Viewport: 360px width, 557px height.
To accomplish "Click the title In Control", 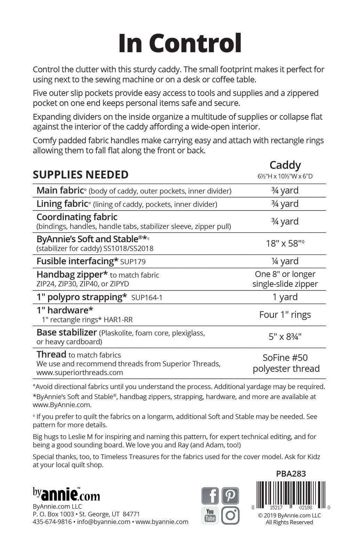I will [x=180, y=43].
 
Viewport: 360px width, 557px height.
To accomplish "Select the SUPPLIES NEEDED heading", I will [x=81, y=175].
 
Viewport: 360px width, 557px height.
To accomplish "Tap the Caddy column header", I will [x=285, y=165].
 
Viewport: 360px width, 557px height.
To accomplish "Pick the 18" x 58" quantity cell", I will [x=285, y=243].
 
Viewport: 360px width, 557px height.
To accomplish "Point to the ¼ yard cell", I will [x=285, y=261].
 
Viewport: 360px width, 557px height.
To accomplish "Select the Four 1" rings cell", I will [x=285, y=315].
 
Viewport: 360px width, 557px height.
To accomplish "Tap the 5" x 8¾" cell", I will [x=285, y=337].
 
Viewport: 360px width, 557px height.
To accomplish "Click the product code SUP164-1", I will [x=147, y=298].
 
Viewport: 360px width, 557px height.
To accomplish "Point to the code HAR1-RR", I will [x=117, y=320].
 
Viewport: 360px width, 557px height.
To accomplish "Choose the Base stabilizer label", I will [x=66, y=332].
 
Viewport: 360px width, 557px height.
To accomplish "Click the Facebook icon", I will [x=210, y=496].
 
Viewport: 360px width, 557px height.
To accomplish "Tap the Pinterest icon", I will [x=230, y=496].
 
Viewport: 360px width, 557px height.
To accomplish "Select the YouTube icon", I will [x=210, y=515].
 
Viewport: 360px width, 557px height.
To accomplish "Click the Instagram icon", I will [x=230, y=515].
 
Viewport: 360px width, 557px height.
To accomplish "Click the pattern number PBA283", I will [x=291, y=473].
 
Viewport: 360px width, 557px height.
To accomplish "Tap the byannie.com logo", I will [x=66, y=494].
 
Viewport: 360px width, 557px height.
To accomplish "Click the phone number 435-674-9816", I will [x=52, y=522].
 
